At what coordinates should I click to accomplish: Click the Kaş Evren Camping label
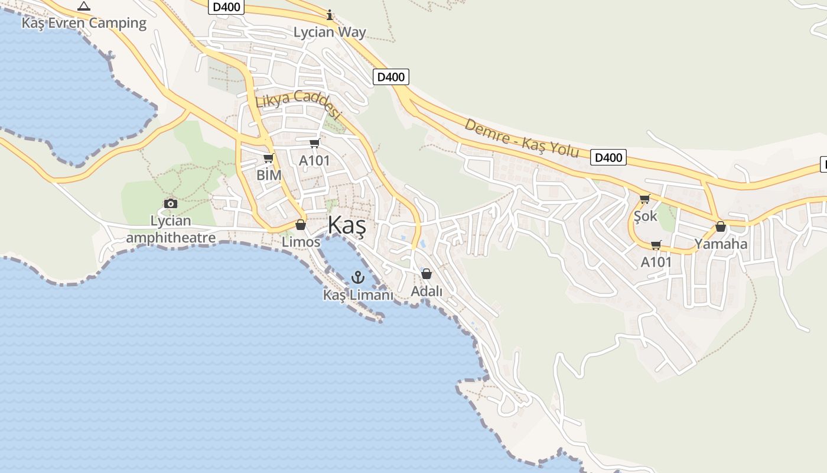pos(84,23)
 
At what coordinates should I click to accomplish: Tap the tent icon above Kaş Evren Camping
pos(84,7)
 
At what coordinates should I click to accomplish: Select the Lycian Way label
pos(330,32)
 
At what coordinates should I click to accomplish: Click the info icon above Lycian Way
pos(330,14)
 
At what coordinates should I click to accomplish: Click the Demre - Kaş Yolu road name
pos(522,138)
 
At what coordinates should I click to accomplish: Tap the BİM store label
pos(269,175)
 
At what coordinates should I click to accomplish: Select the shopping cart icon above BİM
pos(269,158)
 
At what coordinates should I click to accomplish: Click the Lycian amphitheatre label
pos(171,229)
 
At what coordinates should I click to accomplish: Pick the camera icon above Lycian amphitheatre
pos(171,203)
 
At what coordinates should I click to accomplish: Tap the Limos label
pos(301,242)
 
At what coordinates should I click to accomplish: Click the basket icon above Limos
pos(301,225)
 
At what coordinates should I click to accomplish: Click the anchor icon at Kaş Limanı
pos(357,277)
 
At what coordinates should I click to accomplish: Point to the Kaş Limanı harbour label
pos(358,294)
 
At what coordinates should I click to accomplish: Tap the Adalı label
pos(426,291)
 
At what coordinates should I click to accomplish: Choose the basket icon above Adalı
pos(426,274)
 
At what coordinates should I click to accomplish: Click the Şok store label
pos(645,216)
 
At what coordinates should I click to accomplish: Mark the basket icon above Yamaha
pos(721,226)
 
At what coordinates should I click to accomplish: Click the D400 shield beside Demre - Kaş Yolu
pos(608,157)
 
